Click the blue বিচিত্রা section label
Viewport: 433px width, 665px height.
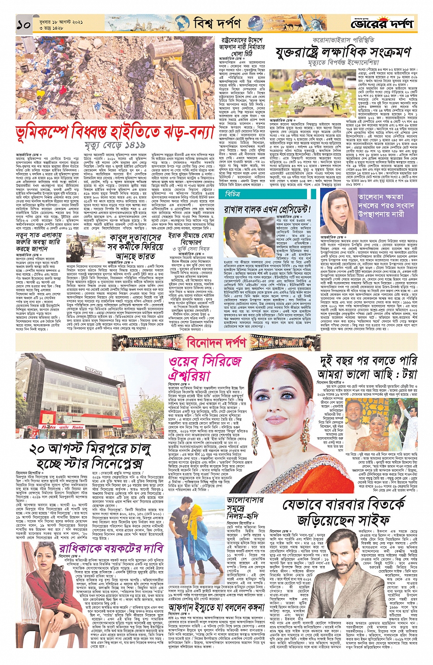pyautogui.click(x=233, y=194)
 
